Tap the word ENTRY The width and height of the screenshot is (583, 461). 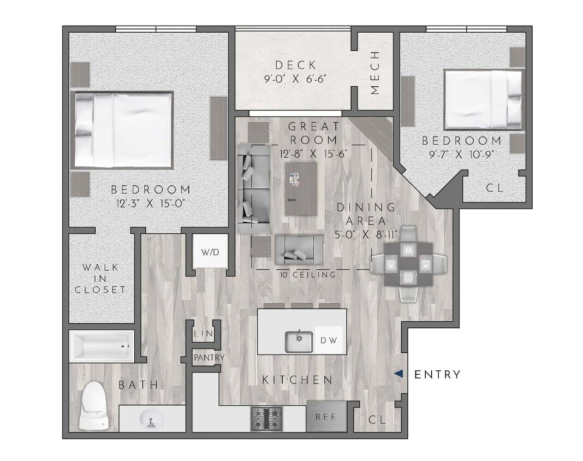coord(437,375)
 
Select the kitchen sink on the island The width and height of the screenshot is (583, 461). coord(299,342)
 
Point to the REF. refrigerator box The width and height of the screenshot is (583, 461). coord(326,416)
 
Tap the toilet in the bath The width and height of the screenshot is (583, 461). coord(93,405)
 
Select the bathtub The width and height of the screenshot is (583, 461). coord(102,346)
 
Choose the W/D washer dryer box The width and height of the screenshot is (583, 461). coord(210,253)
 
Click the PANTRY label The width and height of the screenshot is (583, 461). coord(209,358)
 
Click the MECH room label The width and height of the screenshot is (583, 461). coord(375,73)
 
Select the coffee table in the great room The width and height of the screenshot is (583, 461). coord(301,188)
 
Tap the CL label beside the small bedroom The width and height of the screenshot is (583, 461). coord(495,188)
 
